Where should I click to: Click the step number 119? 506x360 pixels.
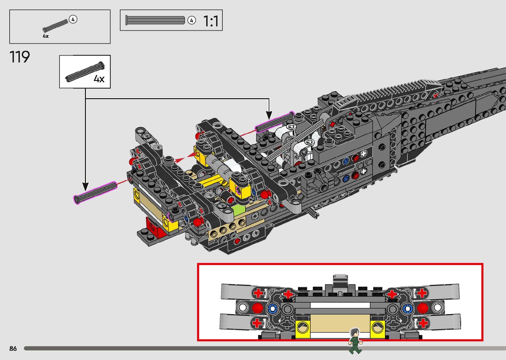[x=20, y=57]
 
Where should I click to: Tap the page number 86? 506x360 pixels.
[x=13, y=348]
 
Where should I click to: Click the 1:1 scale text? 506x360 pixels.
[x=211, y=21]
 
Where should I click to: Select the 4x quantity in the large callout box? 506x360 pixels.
[x=99, y=79]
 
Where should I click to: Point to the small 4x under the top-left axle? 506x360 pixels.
[x=46, y=36]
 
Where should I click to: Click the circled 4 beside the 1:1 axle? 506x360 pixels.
[x=191, y=20]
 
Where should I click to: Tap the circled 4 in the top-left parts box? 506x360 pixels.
[x=73, y=20]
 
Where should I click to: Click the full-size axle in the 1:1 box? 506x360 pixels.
[x=155, y=20]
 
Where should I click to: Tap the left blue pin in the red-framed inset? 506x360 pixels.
[x=272, y=309]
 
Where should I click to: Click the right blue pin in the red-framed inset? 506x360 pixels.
[x=407, y=309]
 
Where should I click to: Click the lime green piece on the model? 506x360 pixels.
[x=239, y=211]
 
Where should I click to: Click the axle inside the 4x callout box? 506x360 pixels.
[x=85, y=72]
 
